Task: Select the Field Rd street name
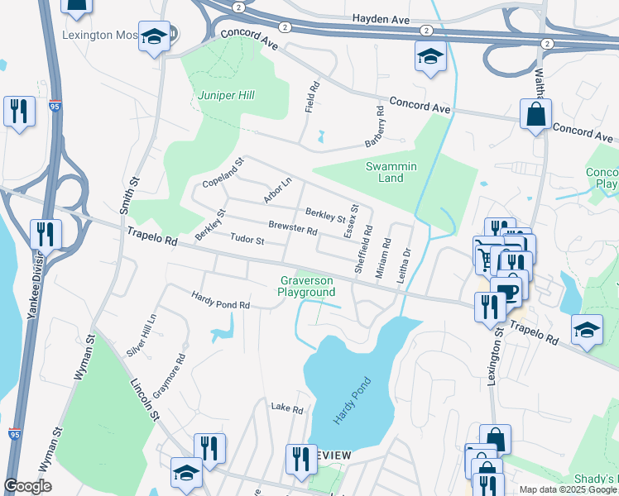click(313, 98)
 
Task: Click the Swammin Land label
click(391, 172)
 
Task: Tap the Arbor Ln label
click(278, 189)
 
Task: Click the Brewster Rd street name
click(293, 228)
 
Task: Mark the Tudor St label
click(247, 241)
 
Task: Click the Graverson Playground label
click(306, 286)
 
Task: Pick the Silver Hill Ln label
click(141, 336)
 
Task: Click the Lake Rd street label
click(288, 408)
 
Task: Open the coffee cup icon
click(506, 292)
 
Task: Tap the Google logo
click(27, 486)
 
